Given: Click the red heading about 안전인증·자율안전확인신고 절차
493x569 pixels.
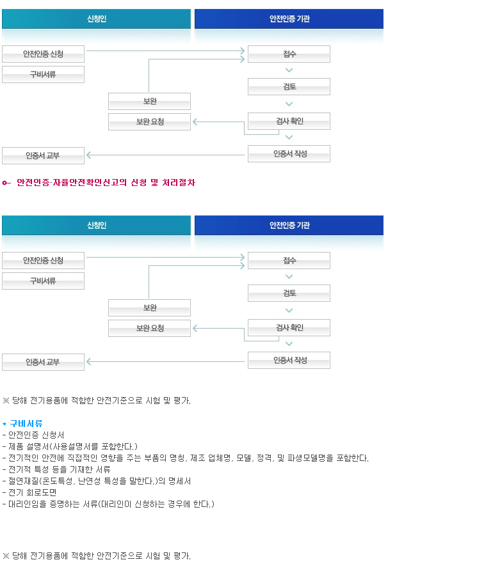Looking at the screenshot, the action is pyautogui.click(x=106, y=182).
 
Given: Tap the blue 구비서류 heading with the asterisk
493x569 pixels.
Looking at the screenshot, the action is pyautogui.click(x=22, y=423).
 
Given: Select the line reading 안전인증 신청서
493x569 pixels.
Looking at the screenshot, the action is pyautogui.click(x=33, y=435).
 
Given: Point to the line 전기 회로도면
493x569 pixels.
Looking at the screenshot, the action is pyautogui.click(x=29, y=492).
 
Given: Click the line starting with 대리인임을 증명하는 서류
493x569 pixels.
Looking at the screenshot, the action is pyautogui.click(x=108, y=504).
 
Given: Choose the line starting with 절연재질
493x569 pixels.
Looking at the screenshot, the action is pyautogui.click(x=97, y=481).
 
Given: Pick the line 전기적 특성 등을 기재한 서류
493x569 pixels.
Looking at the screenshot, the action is pyautogui.click(x=56, y=469).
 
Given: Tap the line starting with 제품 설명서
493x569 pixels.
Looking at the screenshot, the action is pyautogui.click(x=70, y=446).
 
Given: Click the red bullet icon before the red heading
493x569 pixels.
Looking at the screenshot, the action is pyautogui.click(x=6, y=183).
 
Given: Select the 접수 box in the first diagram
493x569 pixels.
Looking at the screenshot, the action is pyautogui.click(x=289, y=54).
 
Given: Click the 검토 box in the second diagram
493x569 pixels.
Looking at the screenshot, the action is pyautogui.click(x=289, y=293).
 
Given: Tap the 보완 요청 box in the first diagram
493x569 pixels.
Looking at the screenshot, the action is pyautogui.click(x=149, y=121).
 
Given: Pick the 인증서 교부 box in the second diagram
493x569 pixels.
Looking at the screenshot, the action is pyautogui.click(x=44, y=362).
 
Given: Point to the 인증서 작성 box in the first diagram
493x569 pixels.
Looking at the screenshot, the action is pyautogui.click(x=289, y=154).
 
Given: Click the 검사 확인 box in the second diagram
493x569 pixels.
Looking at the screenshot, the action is pyautogui.click(x=289, y=328).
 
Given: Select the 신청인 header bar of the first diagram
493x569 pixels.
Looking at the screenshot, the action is pyautogui.click(x=96, y=19).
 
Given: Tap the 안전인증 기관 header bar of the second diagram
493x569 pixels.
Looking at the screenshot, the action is pyautogui.click(x=289, y=225).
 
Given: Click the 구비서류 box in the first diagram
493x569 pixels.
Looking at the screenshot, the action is pyautogui.click(x=44, y=74).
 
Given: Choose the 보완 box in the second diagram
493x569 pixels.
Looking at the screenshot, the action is pyautogui.click(x=149, y=308).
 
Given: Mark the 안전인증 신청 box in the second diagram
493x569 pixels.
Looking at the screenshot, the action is pyautogui.click(x=44, y=261).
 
